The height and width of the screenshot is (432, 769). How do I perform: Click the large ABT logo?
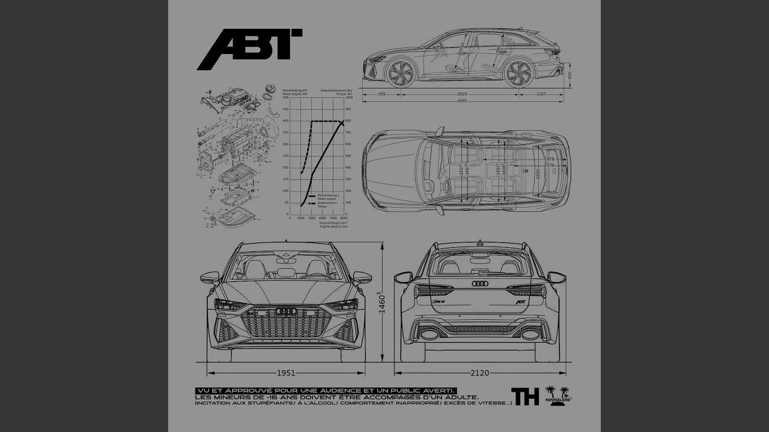point(249,49)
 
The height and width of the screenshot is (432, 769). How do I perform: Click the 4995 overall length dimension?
point(462,101)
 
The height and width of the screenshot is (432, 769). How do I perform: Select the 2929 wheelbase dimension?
point(461,94)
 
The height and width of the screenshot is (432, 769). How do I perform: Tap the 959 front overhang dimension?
point(382,94)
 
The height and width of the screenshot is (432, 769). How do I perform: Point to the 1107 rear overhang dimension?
point(541,94)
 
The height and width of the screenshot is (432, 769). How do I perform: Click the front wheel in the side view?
point(401,73)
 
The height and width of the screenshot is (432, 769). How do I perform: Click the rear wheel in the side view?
point(519,73)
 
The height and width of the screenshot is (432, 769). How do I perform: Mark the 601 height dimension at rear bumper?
point(570,76)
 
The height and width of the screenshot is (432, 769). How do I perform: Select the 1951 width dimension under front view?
point(285,373)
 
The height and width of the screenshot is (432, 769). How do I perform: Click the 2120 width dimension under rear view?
point(479,373)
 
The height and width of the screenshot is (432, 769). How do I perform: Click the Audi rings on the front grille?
point(286,311)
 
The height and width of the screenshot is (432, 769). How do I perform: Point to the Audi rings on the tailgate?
point(480,284)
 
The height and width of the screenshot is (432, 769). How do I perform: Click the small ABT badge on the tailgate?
point(520,301)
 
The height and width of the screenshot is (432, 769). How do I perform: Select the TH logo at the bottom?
point(524,396)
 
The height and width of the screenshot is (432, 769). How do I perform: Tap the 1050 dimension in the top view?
point(538,173)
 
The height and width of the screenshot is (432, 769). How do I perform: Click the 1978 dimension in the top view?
point(549,158)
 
